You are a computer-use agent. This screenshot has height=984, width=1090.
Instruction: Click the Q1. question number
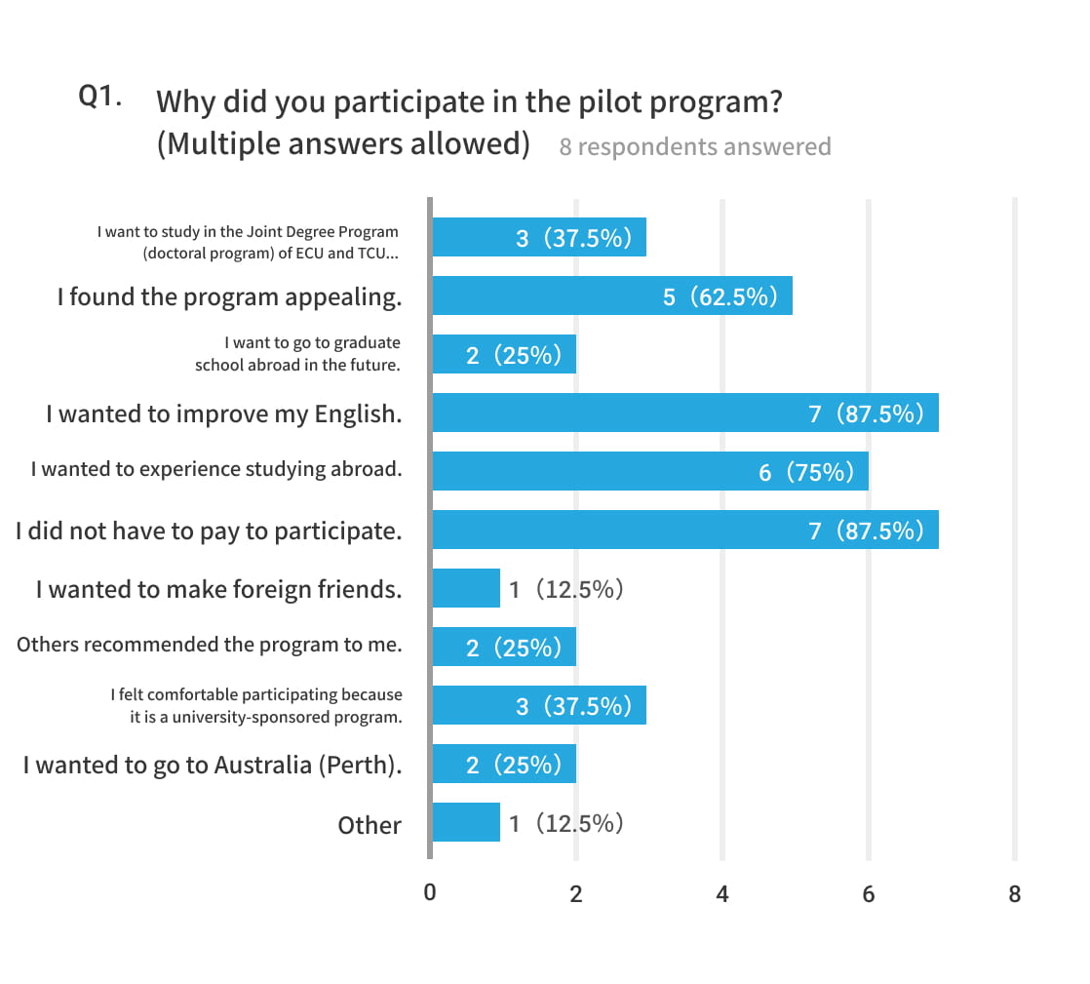(x=99, y=98)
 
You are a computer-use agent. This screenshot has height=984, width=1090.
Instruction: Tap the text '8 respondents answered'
(x=695, y=146)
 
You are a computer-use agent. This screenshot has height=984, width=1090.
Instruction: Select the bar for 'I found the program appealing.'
(x=611, y=295)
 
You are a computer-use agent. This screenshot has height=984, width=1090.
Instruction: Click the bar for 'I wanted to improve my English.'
(x=684, y=413)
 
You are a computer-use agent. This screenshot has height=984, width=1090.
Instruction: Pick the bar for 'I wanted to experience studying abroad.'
(x=649, y=471)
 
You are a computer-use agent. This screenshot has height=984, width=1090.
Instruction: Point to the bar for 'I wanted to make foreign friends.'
(x=466, y=588)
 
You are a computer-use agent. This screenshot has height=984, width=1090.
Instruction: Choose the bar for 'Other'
(x=466, y=822)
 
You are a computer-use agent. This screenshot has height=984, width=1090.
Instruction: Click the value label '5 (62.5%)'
(x=720, y=296)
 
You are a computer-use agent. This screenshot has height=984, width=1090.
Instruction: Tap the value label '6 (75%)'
(x=806, y=472)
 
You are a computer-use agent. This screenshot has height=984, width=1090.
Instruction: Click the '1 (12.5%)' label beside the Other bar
(x=566, y=823)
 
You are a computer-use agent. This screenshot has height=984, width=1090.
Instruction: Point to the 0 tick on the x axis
(x=430, y=892)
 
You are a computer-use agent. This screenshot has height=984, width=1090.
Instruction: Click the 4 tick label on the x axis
(x=722, y=892)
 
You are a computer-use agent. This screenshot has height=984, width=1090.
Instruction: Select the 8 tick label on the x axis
(x=1015, y=892)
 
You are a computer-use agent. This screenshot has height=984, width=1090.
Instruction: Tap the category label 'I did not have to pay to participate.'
(x=209, y=531)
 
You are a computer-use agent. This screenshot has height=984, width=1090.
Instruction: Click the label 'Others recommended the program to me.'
(x=210, y=645)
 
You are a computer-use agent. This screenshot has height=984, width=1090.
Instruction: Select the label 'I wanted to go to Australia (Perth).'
(x=213, y=766)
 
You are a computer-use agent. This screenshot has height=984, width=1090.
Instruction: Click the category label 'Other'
(x=370, y=825)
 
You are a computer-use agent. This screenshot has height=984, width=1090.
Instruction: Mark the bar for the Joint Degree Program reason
(x=538, y=237)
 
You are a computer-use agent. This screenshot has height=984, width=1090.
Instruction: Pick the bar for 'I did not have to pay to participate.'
(x=684, y=530)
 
